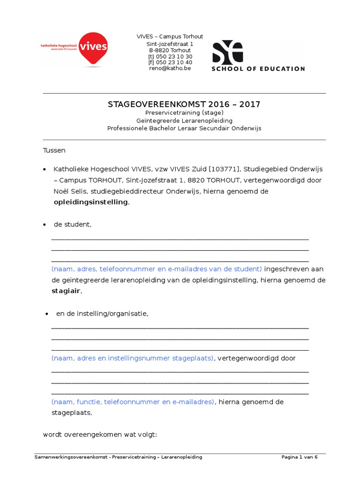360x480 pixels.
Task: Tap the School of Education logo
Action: tap(258, 56)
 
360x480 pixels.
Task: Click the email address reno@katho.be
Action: tap(170, 68)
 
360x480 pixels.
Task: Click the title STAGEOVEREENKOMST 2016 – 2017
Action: tap(184, 104)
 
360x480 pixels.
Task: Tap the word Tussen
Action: tap(54, 150)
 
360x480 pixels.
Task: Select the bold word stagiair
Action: tap(66, 291)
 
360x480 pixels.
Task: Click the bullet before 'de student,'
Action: tap(45, 225)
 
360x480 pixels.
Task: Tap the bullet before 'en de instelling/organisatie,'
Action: tap(46, 314)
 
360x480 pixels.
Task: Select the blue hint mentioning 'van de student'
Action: tap(157, 269)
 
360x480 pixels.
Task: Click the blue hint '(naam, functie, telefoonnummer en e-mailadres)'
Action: tap(133, 402)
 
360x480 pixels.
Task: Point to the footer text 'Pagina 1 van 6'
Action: tap(300, 457)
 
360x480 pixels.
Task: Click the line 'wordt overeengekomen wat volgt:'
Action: tap(100, 435)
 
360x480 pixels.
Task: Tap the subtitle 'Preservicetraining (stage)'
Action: tap(184, 113)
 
